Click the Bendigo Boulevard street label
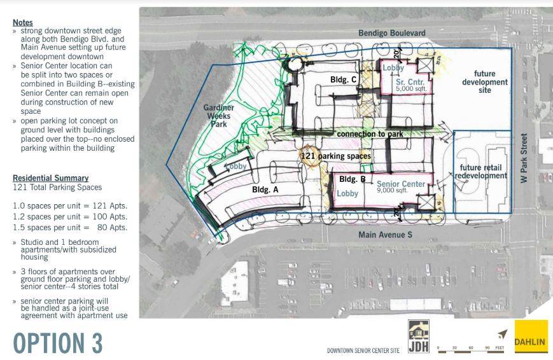(392, 33)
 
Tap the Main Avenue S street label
(385, 235)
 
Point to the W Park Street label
(524, 158)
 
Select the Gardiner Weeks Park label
(219, 116)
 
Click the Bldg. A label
(265, 190)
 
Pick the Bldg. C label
(343, 80)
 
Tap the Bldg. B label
(353, 179)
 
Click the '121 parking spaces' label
(336, 156)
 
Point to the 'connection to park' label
(370, 134)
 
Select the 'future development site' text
(485, 82)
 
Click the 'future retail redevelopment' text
(480, 172)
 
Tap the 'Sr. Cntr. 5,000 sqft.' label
(411, 85)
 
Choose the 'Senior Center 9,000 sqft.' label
(401, 186)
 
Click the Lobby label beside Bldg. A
(235, 166)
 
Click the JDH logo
(419, 336)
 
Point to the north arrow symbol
(503, 334)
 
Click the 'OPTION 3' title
(58, 343)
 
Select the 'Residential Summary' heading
(51, 178)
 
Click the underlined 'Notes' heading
(23, 22)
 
